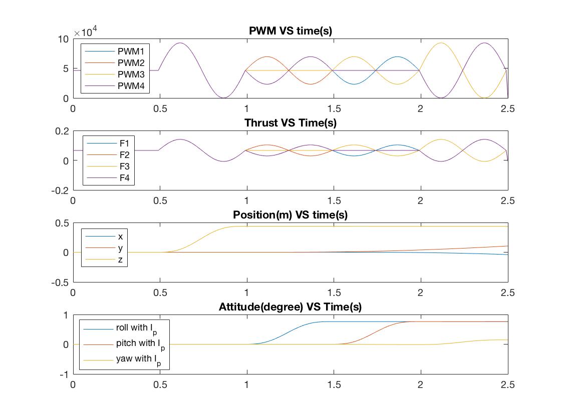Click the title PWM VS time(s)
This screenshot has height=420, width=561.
[291, 31]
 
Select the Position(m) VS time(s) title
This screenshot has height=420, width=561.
[291, 215]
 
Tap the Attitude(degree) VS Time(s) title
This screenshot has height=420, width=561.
[291, 307]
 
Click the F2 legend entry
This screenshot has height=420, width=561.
[125, 154]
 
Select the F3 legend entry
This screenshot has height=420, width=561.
[125, 166]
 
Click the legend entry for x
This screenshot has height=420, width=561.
[120, 236]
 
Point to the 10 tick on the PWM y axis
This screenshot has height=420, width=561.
[64, 39]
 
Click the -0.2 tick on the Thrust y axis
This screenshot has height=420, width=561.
[60, 190]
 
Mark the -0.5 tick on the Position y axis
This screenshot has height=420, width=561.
[60, 282]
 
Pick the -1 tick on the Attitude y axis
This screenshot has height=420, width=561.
[63, 374]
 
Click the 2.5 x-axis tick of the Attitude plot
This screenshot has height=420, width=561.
[508, 384]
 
